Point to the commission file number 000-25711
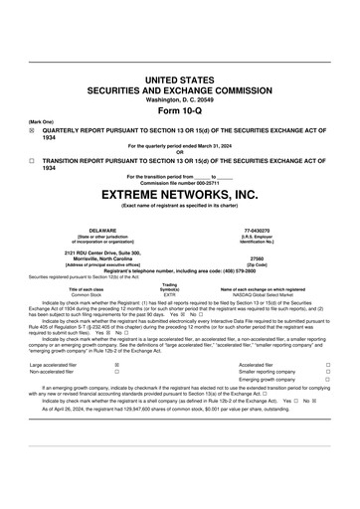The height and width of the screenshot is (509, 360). click(211, 181)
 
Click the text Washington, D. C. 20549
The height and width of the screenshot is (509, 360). click(180, 99)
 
